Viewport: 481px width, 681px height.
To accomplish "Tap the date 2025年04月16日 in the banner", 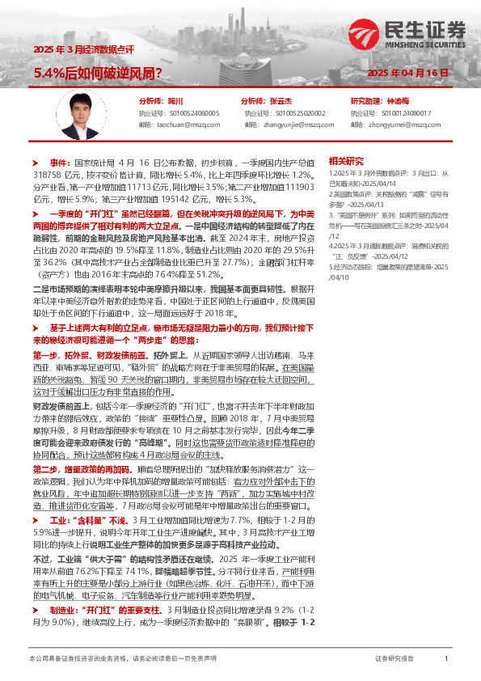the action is coord(407,73).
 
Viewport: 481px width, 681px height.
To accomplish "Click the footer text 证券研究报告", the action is coord(395,659).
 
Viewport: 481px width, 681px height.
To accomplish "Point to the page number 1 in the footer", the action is coord(446,659).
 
